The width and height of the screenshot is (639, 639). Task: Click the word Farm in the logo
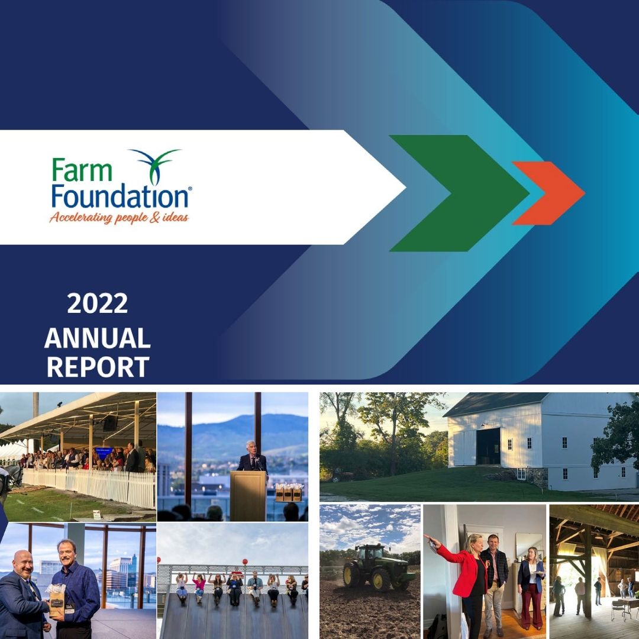pos(82,170)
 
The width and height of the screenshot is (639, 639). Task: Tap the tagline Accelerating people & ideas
pos(119,217)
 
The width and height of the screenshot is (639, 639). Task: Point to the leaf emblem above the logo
pos(155,166)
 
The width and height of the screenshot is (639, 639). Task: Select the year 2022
pos(98,304)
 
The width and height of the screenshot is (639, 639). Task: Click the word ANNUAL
pos(98,338)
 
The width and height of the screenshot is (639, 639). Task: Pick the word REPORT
pos(98,367)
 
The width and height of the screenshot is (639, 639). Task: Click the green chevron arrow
pos(460,193)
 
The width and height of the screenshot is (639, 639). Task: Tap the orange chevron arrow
pos(548,193)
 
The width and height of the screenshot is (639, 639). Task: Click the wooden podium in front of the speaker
pos(248,496)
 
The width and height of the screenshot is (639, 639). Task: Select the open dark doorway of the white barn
pos(488,446)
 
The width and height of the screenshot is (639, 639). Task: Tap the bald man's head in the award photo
pos(22,564)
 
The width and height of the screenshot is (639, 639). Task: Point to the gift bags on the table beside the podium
pos(289,492)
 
